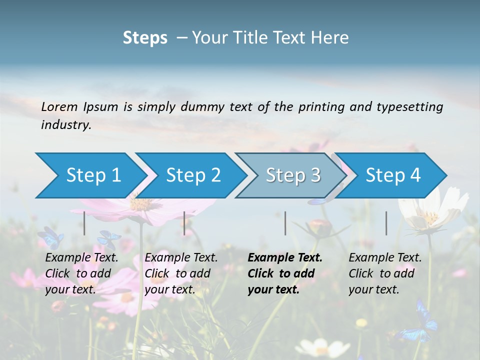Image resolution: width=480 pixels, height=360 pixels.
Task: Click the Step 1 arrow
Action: point(93,175)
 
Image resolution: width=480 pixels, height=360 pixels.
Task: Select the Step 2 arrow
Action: point(193,175)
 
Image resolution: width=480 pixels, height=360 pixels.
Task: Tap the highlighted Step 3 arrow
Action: point(293,175)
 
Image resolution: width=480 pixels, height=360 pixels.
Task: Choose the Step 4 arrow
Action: point(393,175)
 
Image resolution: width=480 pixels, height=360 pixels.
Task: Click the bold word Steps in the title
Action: point(145,38)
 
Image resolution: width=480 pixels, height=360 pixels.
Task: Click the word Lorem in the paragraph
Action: point(59,106)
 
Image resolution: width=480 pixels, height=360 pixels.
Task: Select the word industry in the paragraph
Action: point(66,124)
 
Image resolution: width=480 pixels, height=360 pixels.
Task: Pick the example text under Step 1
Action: point(81,273)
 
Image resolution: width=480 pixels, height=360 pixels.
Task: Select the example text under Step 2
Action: point(181,273)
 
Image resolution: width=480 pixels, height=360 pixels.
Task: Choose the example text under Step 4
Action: point(385,273)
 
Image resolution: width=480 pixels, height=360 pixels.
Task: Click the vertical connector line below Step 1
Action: point(84,223)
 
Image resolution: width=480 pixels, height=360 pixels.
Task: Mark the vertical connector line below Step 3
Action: point(285,223)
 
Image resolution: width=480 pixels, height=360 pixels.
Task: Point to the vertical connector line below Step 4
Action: point(386,223)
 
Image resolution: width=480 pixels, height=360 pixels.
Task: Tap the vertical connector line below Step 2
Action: point(184,223)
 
